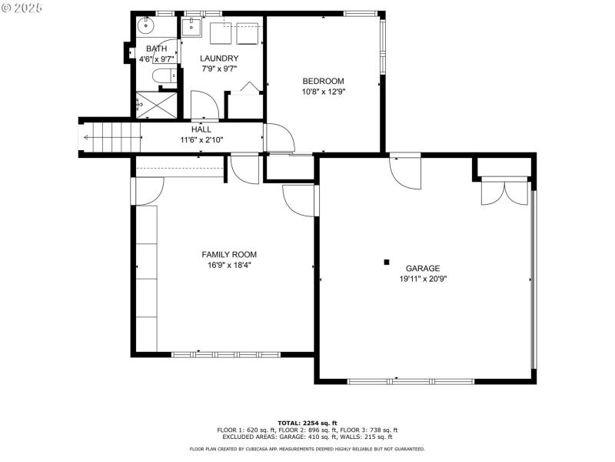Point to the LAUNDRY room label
(219, 59)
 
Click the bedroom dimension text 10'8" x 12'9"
(323, 92)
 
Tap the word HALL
(201, 129)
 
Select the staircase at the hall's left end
(111, 138)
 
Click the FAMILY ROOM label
(229, 254)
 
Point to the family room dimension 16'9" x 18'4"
(229, 265)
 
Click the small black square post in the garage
(387, 262)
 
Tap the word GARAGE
(423, 269)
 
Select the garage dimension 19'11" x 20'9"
(423, 280)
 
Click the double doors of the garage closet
(504, 192)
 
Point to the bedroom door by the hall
(278, 139)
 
